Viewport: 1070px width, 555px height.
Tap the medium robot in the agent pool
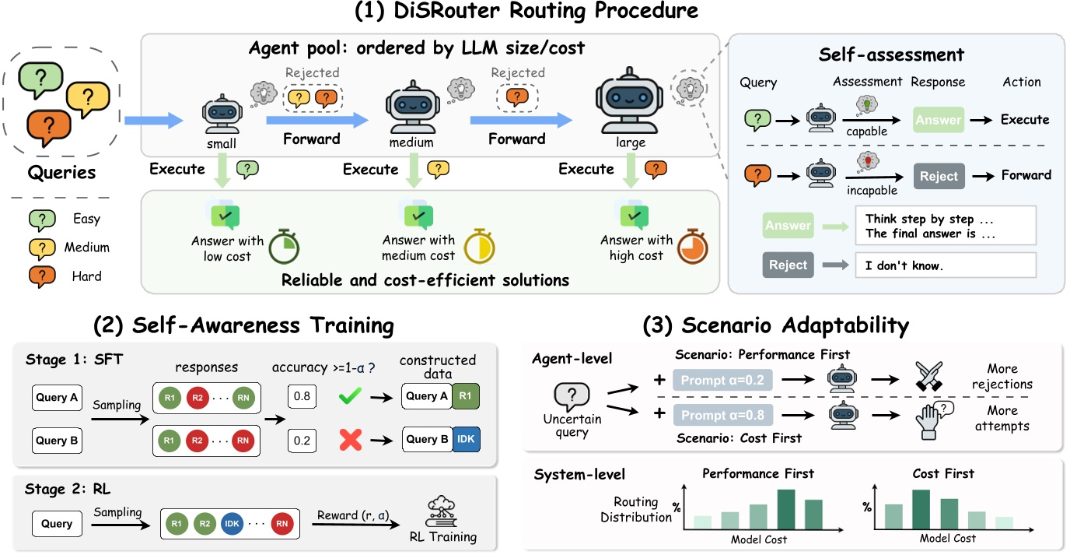tap(418, 109)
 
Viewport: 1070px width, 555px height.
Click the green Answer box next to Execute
tap(939, 120)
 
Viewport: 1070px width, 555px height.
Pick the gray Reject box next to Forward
tap(939, 176)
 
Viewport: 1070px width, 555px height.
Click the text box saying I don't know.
tap(945, 265)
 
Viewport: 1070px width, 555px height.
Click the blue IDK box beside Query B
tap(466, 439)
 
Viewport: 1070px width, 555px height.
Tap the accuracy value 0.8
tap(302, 396)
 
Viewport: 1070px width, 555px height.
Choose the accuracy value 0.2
tap(302, 440)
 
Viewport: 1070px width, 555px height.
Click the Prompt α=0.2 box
tap(722, 381)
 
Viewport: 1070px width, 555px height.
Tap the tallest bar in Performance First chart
tap(786, 510)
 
